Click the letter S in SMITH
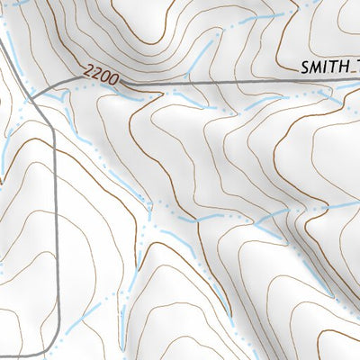(306, 66)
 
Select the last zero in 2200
(115, 82)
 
